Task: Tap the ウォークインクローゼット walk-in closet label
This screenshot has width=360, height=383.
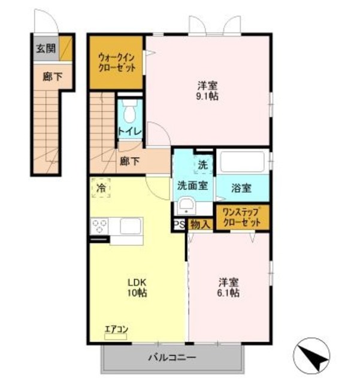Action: [116, 63]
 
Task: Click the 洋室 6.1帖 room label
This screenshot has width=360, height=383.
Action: [228, 287]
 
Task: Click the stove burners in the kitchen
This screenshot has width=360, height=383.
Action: [99, 227]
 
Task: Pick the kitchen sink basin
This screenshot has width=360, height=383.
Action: [130, 226]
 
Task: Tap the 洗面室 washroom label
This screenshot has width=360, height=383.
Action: [192, 186]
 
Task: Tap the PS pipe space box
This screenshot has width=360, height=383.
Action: [179, 224]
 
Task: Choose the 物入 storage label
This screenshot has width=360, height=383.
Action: [200, 224]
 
